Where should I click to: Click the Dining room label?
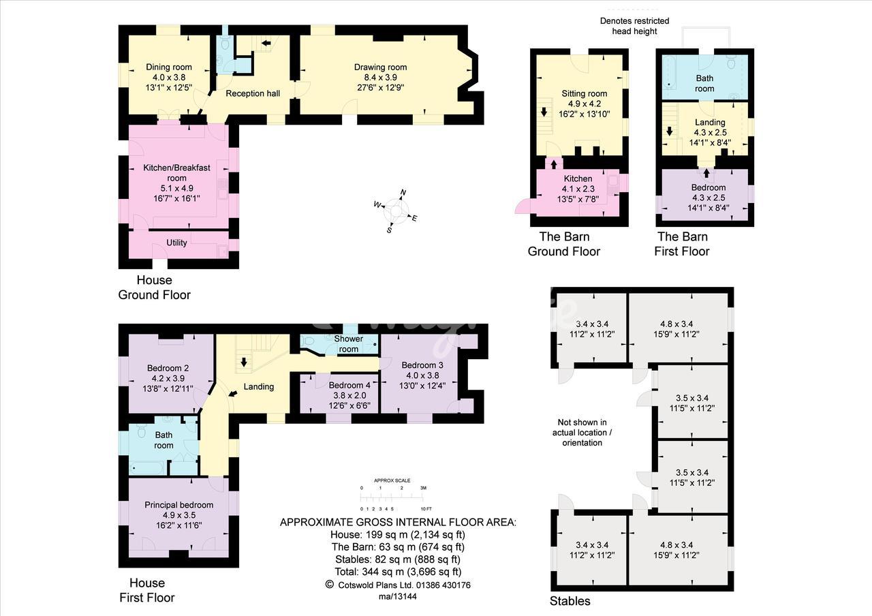click(x=168, y=67)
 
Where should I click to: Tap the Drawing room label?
click(x=380, y=67)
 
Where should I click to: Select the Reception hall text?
click(x=253, y=93)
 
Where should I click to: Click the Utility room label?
click(x=176, y=243)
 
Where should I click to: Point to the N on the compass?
click(x=403, y=192)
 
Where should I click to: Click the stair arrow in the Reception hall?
click(x=266, y=43)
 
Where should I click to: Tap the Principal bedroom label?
click(x=178, y=505)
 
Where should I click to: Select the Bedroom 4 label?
click(x=349, y=385)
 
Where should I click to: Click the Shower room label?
click(x=348, y=344)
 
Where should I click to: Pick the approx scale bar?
click(x=392, y=497)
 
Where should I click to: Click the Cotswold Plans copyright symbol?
click(x=329, y=584)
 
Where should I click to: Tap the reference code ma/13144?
click(x=397, y=596)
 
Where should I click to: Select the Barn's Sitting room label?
click(x=584, y=93)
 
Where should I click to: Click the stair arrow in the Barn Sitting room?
click(x=544, y=112)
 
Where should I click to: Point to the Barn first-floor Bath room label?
click(x=704, y=83)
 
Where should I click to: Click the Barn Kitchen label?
click(x=578, y=179)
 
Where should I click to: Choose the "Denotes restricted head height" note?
click(x=634, y=26)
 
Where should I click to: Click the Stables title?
click(x=570, y=601)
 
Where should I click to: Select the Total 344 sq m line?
click(x=398, y=572)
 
